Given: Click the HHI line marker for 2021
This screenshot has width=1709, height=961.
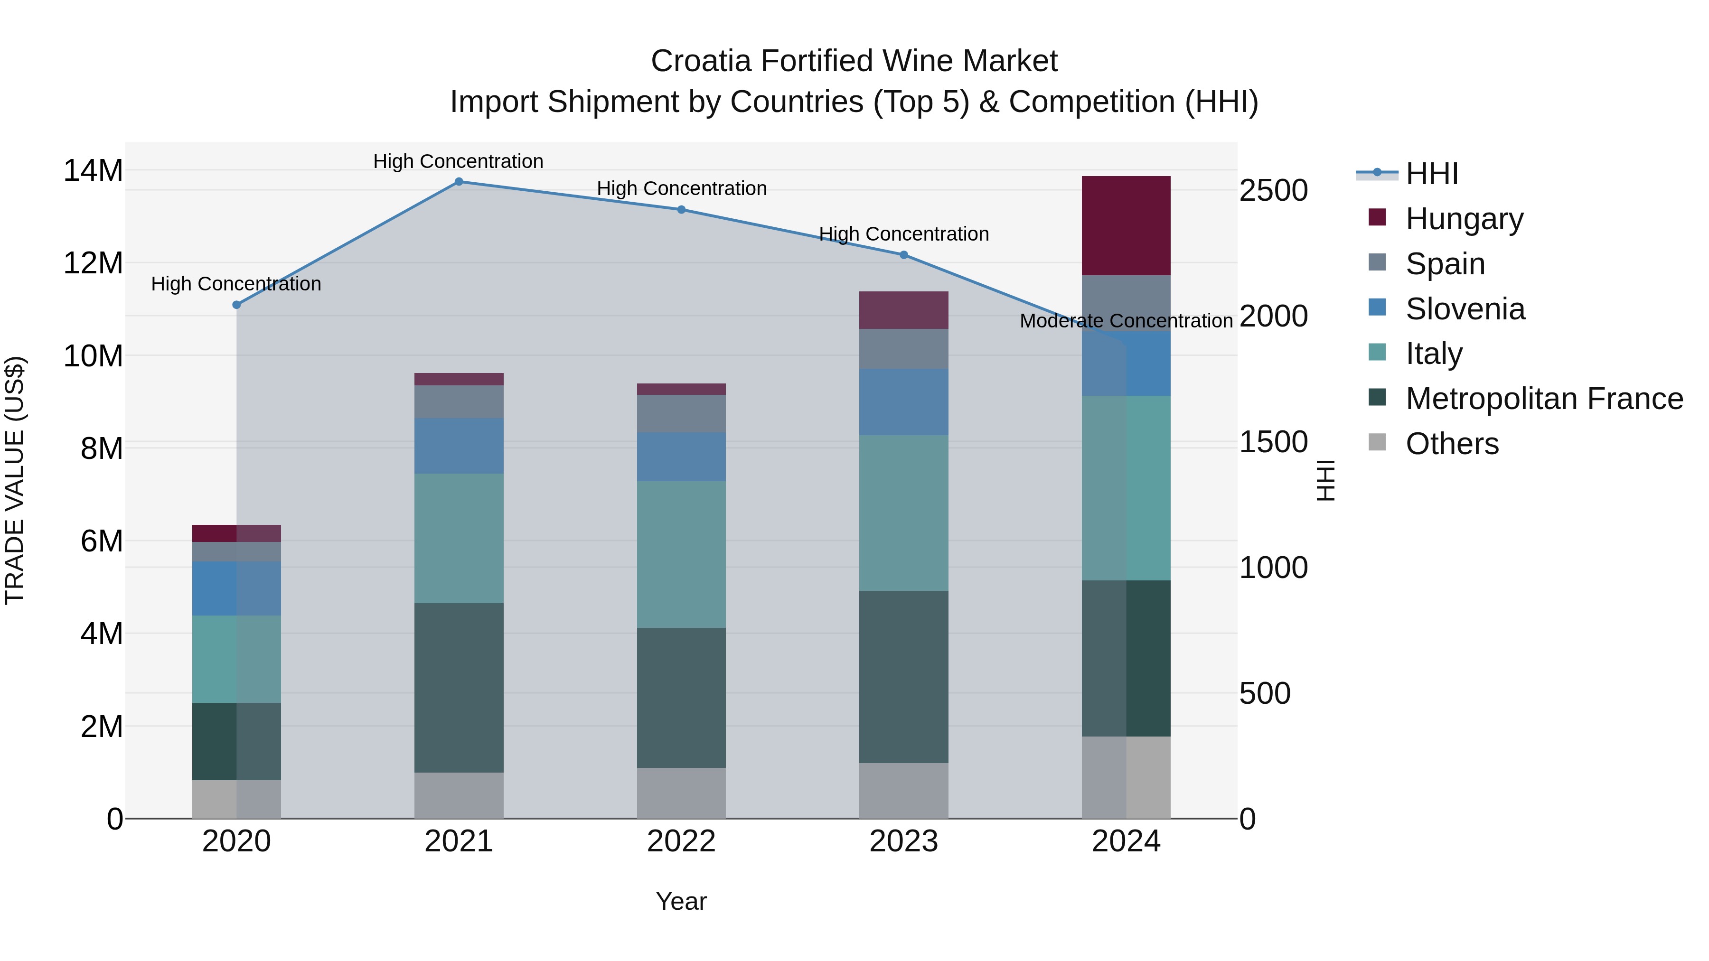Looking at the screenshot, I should pyautogui.click(x=459, y=182).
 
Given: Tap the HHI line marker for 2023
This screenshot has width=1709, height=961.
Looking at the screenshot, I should pyautogui.click(x=903, y=255).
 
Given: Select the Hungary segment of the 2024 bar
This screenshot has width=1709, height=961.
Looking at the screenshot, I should pyautogui.click(x=1126, y=225).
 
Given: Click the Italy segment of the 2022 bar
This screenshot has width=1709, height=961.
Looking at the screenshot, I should pyautogui.click(x=681, y=554).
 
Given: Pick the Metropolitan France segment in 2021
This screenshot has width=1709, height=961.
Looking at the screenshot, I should pyautogui.click(x=459, y=688).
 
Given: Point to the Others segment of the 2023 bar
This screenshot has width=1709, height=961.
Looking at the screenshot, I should pyautogui.click(x=903, y=791).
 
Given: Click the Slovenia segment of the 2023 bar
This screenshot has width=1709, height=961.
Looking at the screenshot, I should pyautogui.click(x=903, y=402).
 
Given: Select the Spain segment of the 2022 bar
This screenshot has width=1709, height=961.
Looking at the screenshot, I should pyautogui.click(x=681, y=414).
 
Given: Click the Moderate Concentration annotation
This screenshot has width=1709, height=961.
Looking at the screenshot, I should pyautogui.click(x=1126, y=321).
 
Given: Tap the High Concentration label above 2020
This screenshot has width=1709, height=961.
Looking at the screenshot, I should pyautogui.click(x=236, y=284).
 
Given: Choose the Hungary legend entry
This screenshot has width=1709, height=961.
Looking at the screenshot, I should pyautogui.click(x=1464, y=218).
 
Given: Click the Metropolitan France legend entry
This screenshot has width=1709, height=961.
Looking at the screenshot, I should pyautogui.click(x=1543, y=399).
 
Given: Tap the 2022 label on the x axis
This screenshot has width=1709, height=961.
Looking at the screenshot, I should pyautogui.click(x=681, y=841).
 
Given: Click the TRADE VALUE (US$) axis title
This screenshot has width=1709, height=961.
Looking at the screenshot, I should pyautogui.click(x=15, y=480).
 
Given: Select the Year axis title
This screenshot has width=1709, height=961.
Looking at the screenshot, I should pyautogui.click(x=681, y=901).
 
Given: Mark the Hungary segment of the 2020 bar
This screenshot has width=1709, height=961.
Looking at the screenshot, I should pyautogui.click(x=236, y=533).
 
